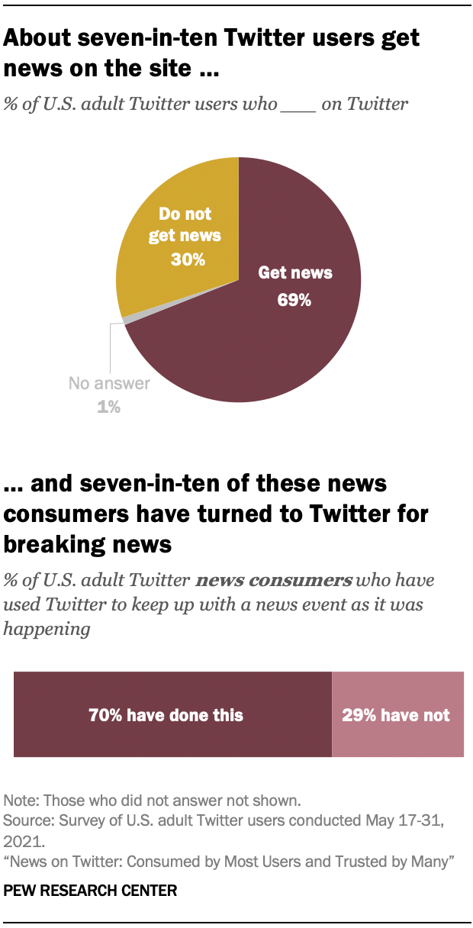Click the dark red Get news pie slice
tap(259, 343)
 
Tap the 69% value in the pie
tap(294, 300)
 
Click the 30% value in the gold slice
tap(188, 259)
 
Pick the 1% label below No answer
tap(109, 408)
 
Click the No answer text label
tap(109, 384)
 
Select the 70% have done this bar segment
tap(172, 714)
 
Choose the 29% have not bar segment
tap(397, 714)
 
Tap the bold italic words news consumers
tap(274, 580)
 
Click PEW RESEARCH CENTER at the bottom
tap(91, 890)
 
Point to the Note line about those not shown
tap(153, 801)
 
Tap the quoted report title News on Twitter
tap(229, 862)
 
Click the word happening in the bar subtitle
tap(47, 629)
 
